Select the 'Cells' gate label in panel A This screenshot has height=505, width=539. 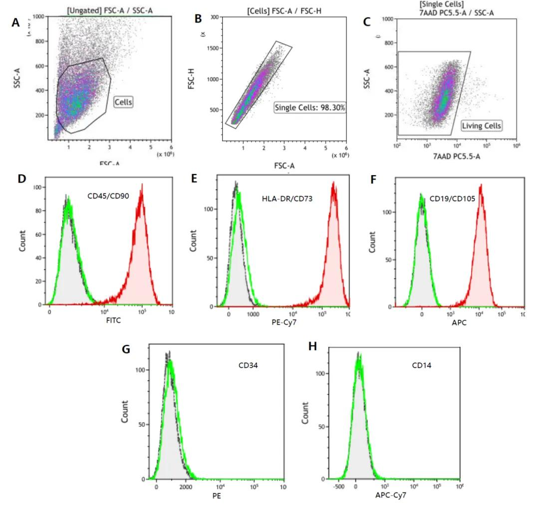(123, 102)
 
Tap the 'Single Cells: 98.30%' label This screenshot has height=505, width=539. (310, 107)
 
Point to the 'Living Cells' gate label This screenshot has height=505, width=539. (481, 126)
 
